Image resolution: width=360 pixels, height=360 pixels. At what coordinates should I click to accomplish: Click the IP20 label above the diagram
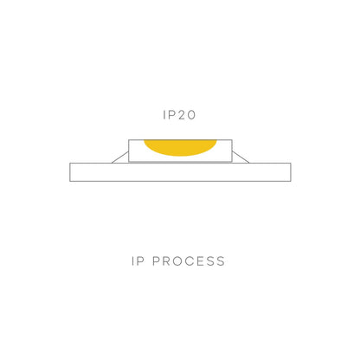click(179, 115)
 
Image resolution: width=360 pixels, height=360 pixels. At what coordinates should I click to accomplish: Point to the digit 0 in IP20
click(190, 115)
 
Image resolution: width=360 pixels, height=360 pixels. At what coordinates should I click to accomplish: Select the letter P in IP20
click(170, 115)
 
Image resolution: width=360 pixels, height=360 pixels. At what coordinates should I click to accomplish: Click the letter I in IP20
click(164, 115)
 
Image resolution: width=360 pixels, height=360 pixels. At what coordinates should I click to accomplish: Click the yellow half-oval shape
click(180, 146)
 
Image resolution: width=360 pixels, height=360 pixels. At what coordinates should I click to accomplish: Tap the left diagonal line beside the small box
click(120, 157)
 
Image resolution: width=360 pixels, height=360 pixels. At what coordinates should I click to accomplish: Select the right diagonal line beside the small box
click(241, 157)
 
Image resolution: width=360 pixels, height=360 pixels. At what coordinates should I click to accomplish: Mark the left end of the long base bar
click(70, 172)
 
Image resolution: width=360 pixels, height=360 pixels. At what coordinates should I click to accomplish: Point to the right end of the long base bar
click(291, 172)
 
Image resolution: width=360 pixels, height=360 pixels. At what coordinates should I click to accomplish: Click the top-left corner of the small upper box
click(129, 140)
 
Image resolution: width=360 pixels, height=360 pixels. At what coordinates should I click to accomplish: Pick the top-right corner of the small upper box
click(232, 140)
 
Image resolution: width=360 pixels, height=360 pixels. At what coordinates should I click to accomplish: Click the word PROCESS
click(189, 261)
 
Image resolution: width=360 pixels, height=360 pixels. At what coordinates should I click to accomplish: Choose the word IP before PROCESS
click(138, 261)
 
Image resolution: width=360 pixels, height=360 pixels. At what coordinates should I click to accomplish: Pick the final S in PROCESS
click(221, 261)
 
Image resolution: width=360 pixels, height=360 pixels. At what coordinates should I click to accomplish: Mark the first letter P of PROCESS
click(156, 261)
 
